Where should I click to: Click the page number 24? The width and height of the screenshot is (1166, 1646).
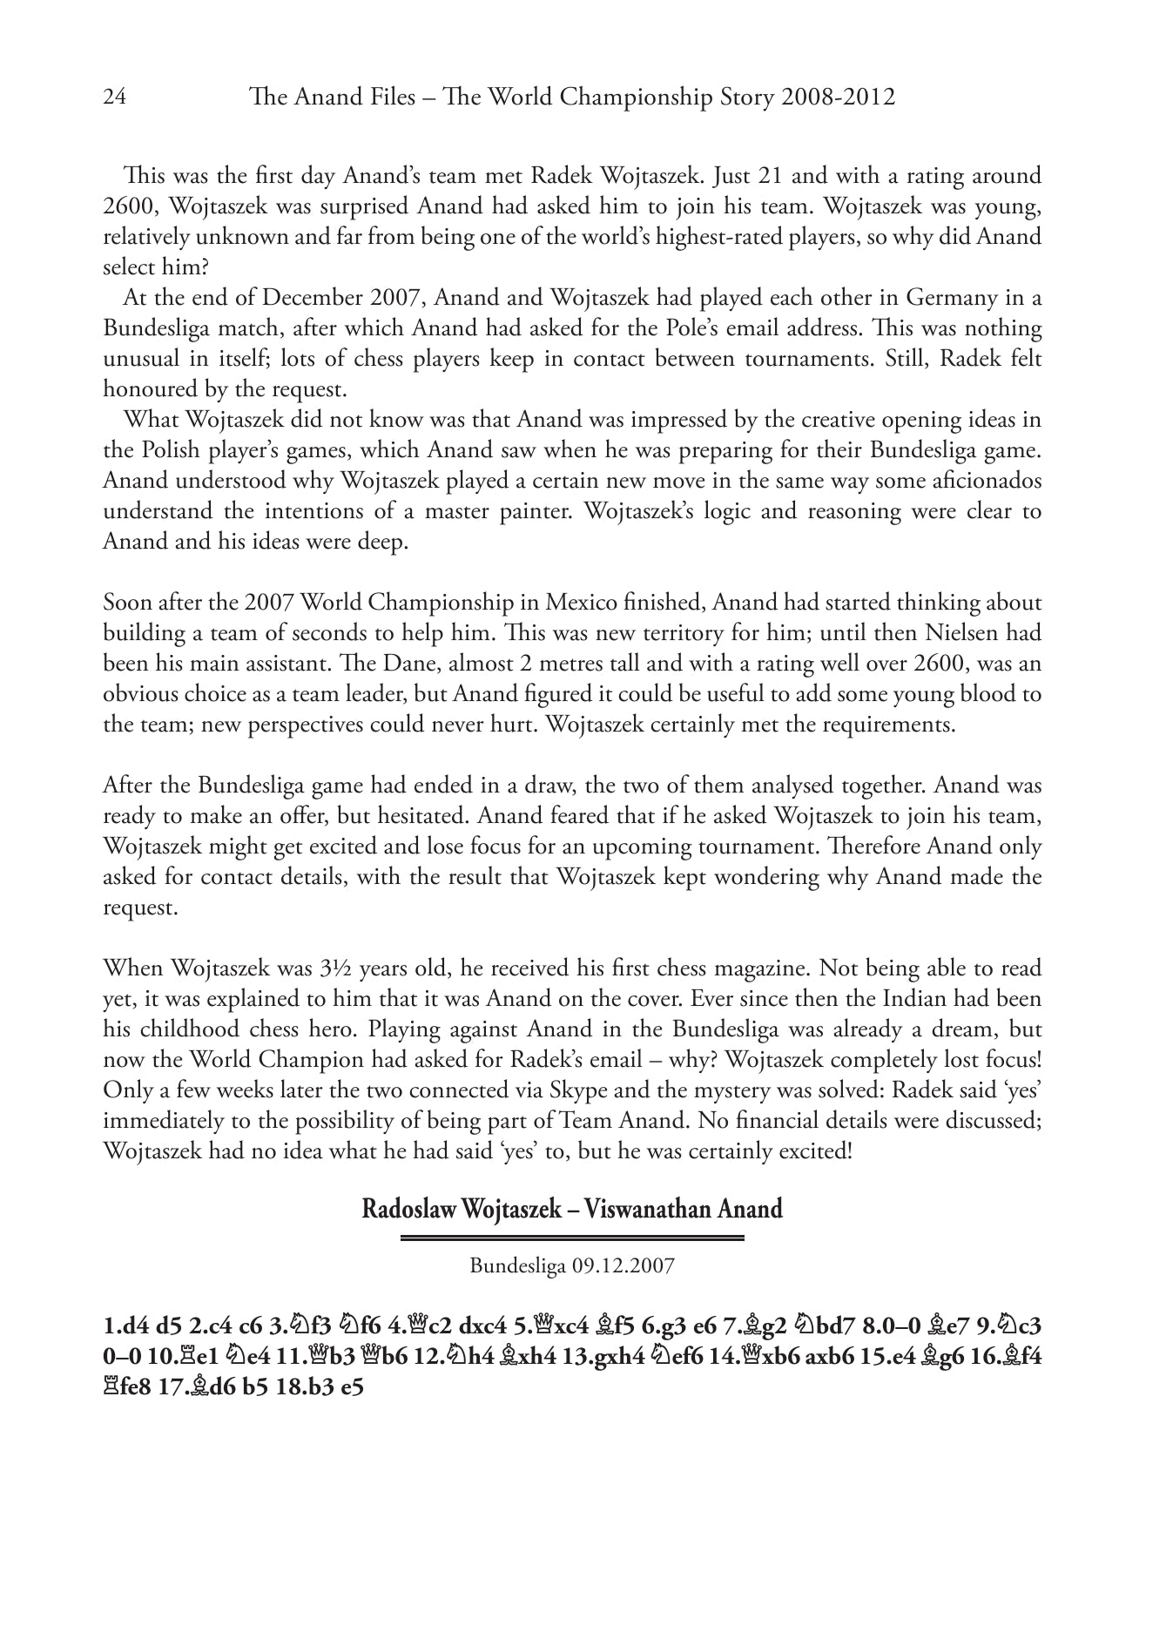pyautogui.click(x=114, y=97)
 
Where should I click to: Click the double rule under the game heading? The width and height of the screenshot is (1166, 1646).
pyautogui.click(x=572, y=1238)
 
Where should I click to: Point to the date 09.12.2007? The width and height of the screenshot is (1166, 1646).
pyautogui.click(x=623, y=1265)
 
